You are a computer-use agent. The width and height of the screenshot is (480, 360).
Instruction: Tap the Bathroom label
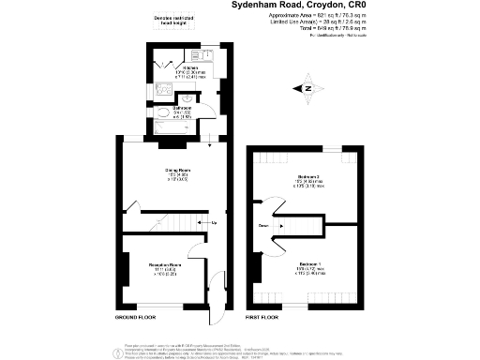tap(182, 108)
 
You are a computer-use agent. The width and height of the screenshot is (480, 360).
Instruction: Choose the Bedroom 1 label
tap(307, 265)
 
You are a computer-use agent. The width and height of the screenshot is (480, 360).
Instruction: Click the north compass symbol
tap(307, 90)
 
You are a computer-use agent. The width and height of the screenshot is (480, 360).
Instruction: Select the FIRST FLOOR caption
tap(264, 318)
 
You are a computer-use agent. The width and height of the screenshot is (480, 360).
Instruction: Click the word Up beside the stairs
tap(214, 223)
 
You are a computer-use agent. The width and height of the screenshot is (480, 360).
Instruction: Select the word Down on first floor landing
tap(263, 225)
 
